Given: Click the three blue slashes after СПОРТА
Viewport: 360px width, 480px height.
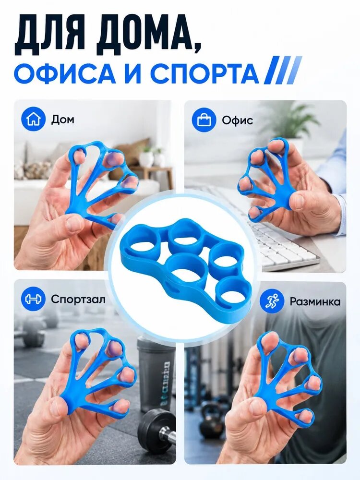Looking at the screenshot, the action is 283,70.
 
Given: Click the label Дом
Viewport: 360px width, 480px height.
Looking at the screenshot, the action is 63,120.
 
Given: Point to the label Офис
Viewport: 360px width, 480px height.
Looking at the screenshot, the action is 238,120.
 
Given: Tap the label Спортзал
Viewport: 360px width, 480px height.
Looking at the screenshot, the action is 78,299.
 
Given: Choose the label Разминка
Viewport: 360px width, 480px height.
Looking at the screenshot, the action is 315,301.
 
